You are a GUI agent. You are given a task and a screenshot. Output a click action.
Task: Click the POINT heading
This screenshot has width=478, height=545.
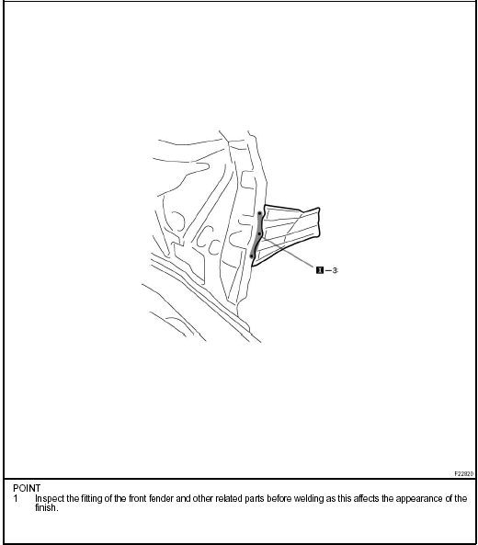click(x=27, y=488)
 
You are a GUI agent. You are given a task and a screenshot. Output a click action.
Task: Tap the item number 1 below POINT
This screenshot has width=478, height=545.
click(x=16, y=498)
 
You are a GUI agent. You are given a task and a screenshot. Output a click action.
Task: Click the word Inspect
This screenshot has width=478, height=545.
click(x=51, y=498)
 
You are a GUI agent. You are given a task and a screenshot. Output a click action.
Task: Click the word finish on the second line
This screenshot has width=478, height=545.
click(x=47, y=507)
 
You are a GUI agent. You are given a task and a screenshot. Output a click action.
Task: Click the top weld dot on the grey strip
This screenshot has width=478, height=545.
click(x=260, y=213)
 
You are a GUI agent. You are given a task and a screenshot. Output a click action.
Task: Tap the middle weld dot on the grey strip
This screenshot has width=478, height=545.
click(x=259, y=234)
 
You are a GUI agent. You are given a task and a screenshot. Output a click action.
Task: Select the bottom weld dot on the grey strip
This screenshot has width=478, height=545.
click(x=252, y=255)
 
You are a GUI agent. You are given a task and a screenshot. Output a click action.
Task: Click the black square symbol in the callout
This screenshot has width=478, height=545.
click(x=319, y=270)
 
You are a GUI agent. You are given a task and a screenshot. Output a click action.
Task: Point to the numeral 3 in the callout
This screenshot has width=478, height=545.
click(x=335, y=270)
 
